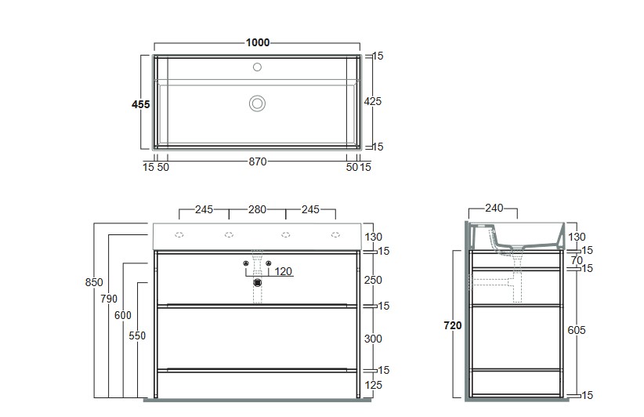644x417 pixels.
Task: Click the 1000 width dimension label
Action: pos(258,42)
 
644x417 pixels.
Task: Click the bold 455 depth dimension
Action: pos(140,104)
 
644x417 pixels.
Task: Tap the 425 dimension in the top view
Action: pos(372,101)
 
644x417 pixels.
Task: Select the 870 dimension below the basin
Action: pos(258,162)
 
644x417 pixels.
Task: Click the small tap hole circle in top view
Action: pos(257,67)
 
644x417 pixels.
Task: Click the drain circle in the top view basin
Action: pos(257,103)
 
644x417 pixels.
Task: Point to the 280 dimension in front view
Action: pos(257,209)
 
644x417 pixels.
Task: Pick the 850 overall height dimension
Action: pos(94,282)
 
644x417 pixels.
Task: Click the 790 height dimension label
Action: pos(109,299)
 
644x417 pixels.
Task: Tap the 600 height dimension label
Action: pos(123,315)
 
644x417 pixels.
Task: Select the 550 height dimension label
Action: pos(137,335)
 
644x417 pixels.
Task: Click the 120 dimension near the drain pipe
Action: pos(283,271)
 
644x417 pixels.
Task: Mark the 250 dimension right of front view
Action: pos(373,280)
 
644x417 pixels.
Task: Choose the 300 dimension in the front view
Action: pos(373,339)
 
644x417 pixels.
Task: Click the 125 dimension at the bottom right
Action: pos(373,385)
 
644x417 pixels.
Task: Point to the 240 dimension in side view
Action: pos(494,208)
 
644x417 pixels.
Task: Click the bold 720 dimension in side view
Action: pos(453,325)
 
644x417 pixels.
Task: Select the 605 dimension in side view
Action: pos(577,330)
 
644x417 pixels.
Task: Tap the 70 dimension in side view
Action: pos(577,260)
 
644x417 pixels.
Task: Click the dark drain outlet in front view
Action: pos(258,283)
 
